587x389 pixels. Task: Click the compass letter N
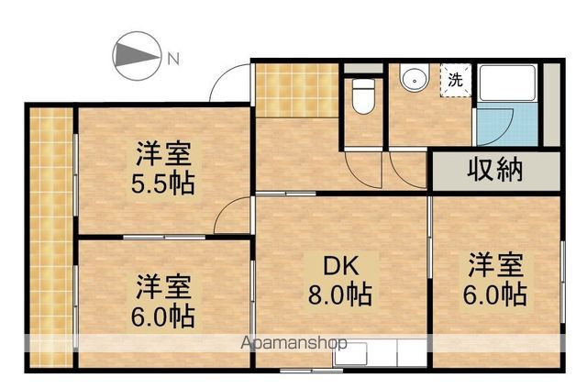click(x=173, y=59)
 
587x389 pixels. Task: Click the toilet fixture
click(x=363, y=96)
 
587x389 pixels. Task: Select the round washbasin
click(x=414, y=78)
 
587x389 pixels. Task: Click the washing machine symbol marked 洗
click(x=455, y=80)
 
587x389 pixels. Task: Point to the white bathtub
click(x=507, y=83)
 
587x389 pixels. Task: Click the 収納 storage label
click(x=494, y=171)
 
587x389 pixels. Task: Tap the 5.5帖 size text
click(x=163, y=183)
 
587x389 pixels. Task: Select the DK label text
click(x=340, y=266)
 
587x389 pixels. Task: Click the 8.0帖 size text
click(x=340, y=295)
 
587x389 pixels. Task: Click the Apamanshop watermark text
click(x=293, y=342)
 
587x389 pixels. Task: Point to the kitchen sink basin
click(x=350, y=354)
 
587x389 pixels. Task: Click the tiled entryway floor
click(x=297, y=90)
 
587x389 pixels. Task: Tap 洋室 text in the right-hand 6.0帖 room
click(x=495, y=265)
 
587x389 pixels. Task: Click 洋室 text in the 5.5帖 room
click(x=163, y=154)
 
